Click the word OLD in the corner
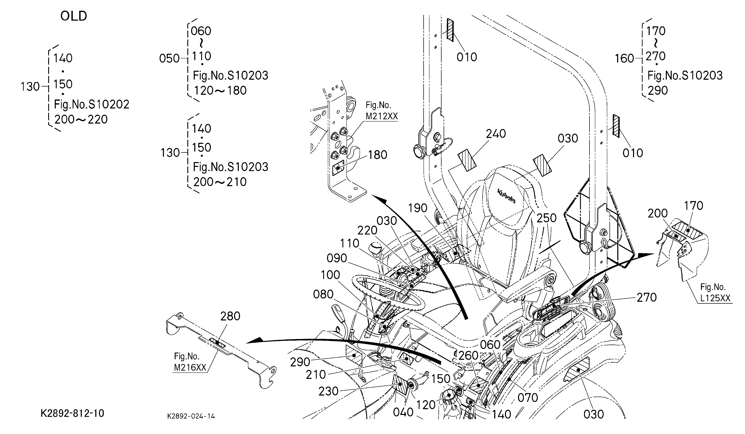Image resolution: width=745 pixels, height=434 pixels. [x=74, y=16]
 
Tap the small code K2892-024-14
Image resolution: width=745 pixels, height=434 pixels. [x=191, y=416]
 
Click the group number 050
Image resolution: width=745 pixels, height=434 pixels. [x=169, y=59]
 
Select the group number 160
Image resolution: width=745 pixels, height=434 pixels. [x=625, y=59]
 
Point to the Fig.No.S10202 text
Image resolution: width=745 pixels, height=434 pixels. [x=92, y=104]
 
